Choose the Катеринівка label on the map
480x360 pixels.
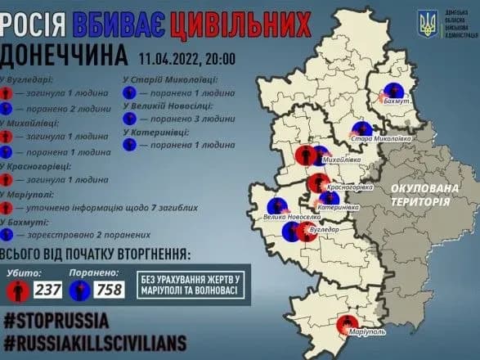pos(339,208)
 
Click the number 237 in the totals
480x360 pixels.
pos(47,290)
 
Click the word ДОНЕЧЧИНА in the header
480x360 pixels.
pos(65,56)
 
